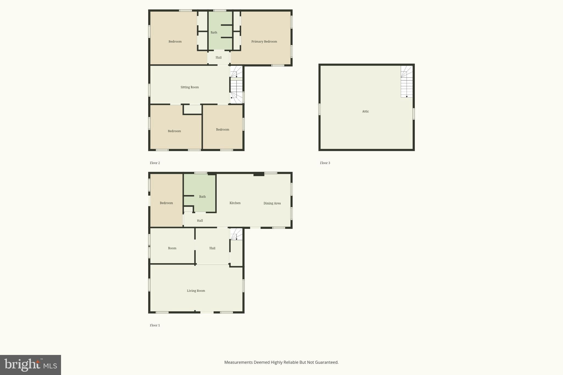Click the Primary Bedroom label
[x=264, y=41]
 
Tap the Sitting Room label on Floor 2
[x=189, y=87]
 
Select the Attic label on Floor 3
[x=365, y=111]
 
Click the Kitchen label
[x=235, y=203]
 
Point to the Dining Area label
[x=272, y=203]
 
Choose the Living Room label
[x=196, y=291]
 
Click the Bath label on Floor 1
[x=202, y=197]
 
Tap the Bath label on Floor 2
[x=214, y=32]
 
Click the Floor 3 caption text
[x=325, y=163]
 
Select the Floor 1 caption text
[x=155, y=325]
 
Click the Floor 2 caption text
[x=155, y=163]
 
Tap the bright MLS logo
[x=31, y=365]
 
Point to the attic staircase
[x=407, y=82]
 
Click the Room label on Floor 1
[x=172, y=248]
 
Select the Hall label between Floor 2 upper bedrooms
[x=218, y=57]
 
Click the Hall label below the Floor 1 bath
[x=200, y=221]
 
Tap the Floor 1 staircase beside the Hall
[x=236, y=234]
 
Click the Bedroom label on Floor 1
[x=166, y=203]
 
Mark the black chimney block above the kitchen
[x=259, y=174]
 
